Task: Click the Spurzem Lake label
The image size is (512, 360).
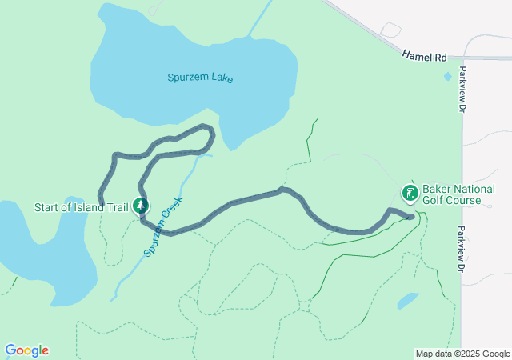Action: [200, 78]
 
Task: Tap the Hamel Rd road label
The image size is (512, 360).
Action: [423, 57]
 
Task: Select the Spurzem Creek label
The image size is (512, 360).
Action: [164, 226]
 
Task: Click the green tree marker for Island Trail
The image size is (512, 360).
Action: [140, 206]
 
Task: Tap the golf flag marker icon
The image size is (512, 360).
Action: [410, 192]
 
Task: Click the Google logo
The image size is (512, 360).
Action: [26, 350]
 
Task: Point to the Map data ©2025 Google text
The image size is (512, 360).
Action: [462, 354]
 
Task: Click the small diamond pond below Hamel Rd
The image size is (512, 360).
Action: [447, 77]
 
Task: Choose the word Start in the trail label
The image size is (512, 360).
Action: [47, 207]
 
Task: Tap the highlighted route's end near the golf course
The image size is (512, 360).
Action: [411, 215]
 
